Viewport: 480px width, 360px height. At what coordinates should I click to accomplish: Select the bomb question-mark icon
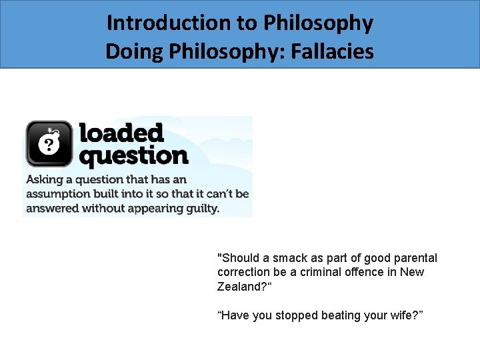click(49, 143)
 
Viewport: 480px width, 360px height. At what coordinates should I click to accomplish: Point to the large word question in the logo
click(133, 156)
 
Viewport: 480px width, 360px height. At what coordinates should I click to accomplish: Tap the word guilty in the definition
click(200, 208)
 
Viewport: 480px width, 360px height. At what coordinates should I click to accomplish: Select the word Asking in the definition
click(44, 179)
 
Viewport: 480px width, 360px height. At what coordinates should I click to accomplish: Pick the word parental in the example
click(415, 258)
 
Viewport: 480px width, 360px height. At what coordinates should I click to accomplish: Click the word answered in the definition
click(52, 208)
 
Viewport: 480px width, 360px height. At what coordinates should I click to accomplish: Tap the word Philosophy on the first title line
click(319, 23)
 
